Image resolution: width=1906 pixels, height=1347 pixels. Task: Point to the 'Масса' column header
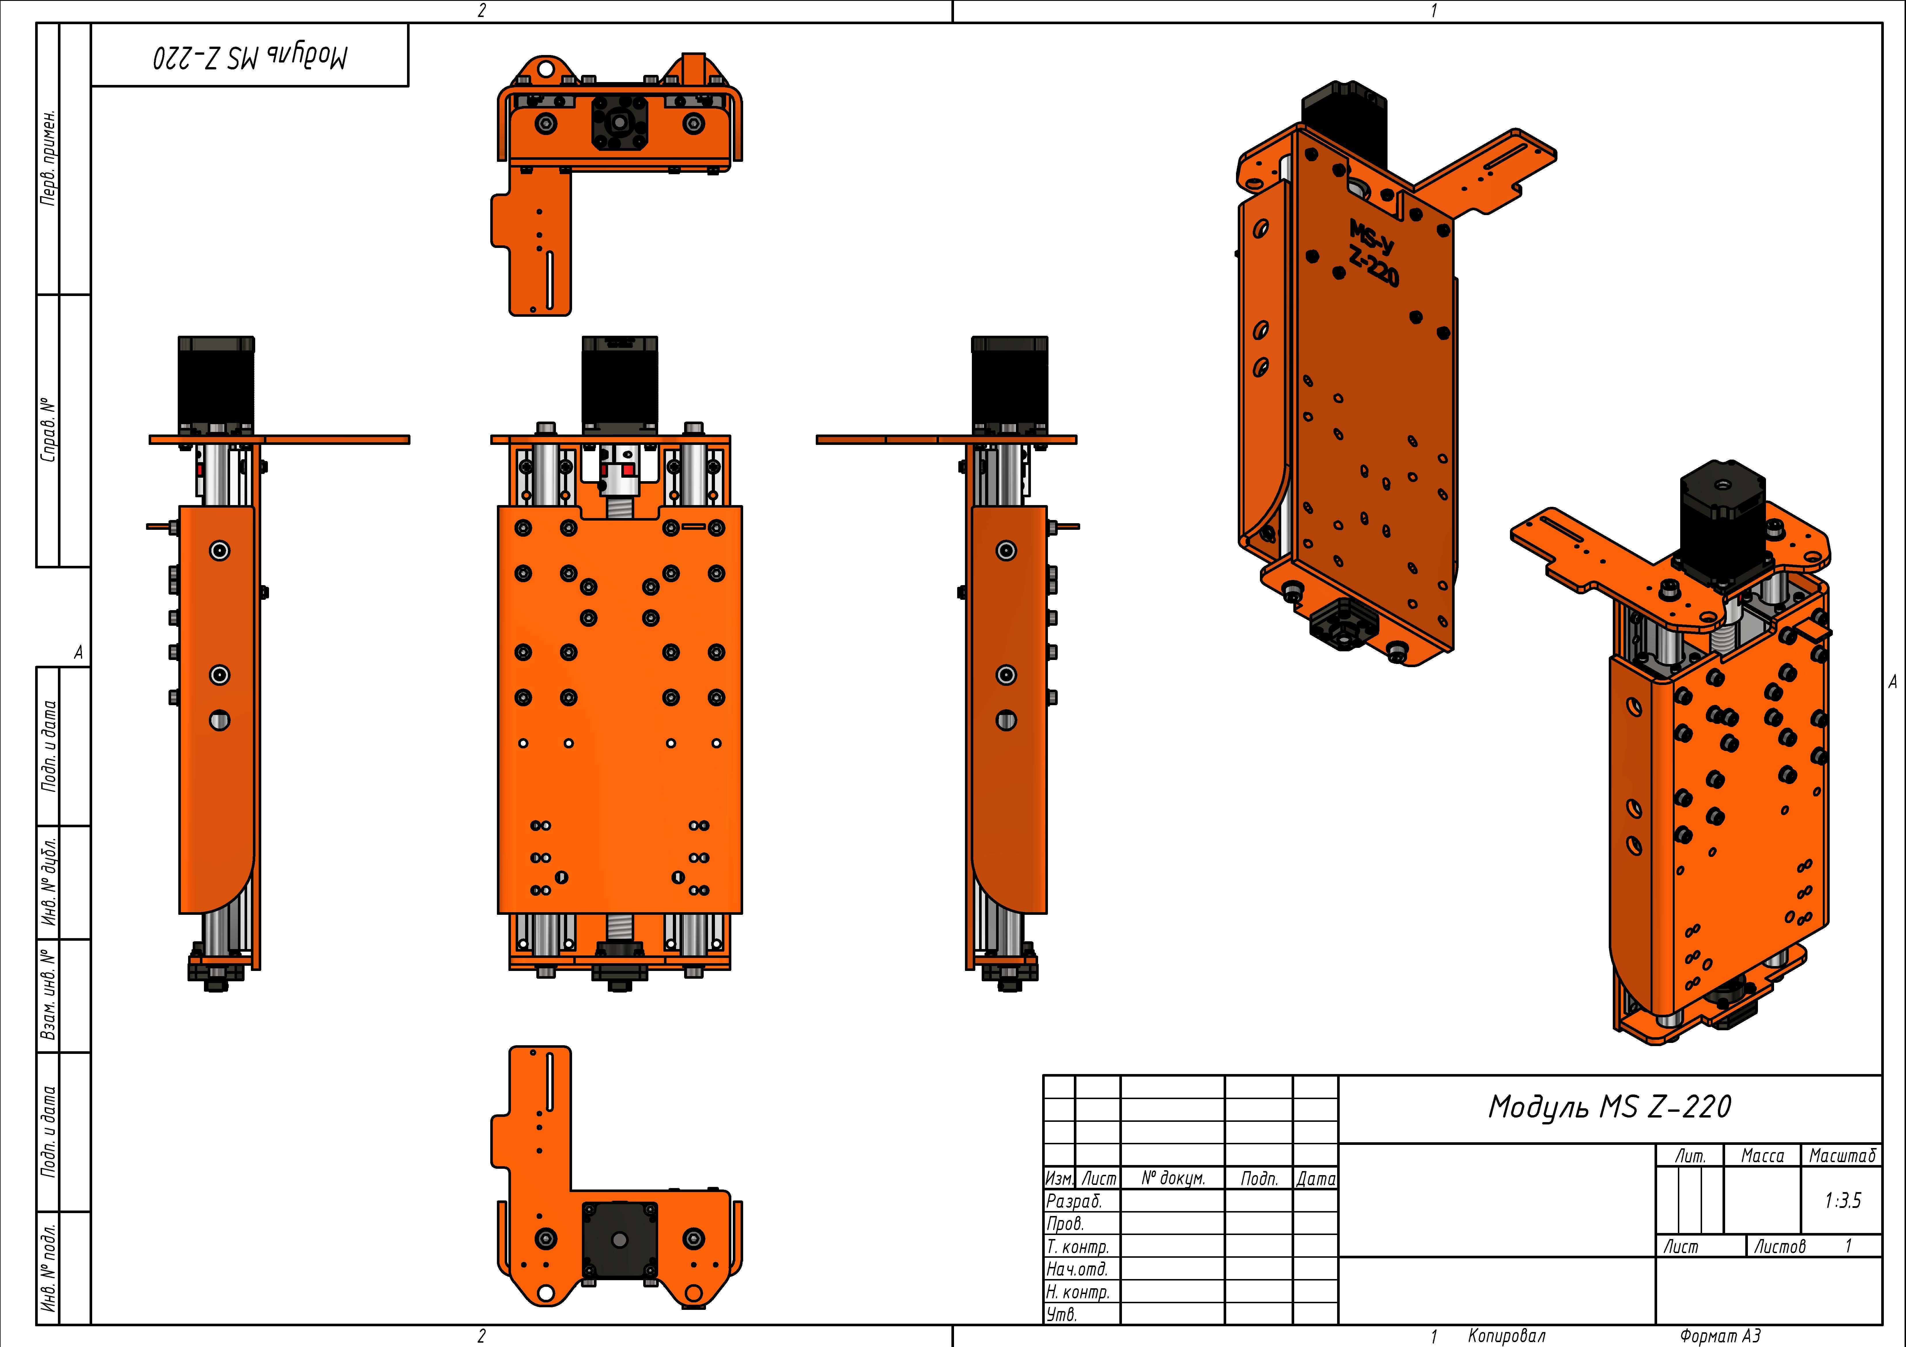click(1762, 1155)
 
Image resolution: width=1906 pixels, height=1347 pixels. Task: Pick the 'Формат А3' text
click(1719, 1335)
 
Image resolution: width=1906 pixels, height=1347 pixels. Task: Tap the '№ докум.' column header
click(1172, 1179)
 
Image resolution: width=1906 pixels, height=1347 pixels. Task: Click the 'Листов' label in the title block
click(1779, 1247)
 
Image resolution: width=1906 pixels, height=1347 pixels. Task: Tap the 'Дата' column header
click(1316, 1179)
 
